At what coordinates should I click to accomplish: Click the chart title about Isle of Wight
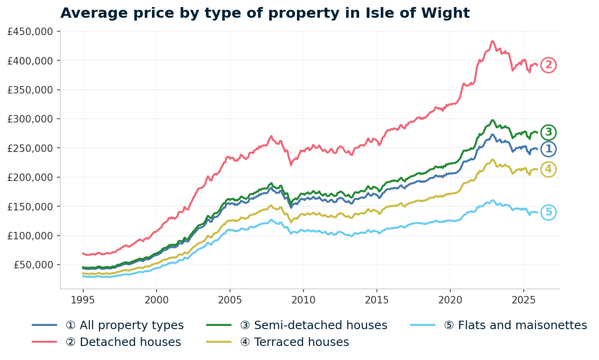coord(265,13)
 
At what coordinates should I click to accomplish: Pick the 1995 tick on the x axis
coord(83,299)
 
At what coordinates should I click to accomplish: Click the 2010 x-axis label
coord(303,299)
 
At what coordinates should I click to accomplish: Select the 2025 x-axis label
coord(523,299)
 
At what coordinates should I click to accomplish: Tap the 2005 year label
coord(230,299)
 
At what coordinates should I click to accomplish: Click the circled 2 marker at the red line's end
coord(548,65)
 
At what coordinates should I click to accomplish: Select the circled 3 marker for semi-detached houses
coord(548,133)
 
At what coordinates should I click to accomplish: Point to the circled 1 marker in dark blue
coord(548,149)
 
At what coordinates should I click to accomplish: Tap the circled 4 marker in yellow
coord(548,169)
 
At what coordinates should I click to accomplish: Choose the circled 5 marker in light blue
coord(548,212)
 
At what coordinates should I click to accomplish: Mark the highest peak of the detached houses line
coord(492,41)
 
